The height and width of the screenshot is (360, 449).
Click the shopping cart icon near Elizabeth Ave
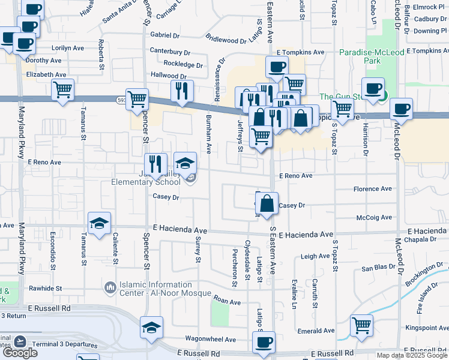(62, 90)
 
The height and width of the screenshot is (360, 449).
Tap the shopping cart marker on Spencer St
(137, 97)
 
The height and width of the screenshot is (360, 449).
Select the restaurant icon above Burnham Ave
(182, 91)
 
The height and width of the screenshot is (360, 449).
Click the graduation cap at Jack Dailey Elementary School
(185, 163)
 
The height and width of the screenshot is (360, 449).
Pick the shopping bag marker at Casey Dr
(267, 203)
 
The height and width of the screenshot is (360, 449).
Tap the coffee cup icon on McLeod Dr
(401, 109)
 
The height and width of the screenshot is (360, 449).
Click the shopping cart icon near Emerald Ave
(361, 326)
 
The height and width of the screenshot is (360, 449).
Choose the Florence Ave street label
(372, 188)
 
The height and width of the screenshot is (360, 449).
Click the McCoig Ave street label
(373, 218)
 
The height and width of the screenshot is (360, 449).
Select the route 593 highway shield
(122, 101)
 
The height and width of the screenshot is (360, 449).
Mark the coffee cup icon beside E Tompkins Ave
(276, 67)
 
